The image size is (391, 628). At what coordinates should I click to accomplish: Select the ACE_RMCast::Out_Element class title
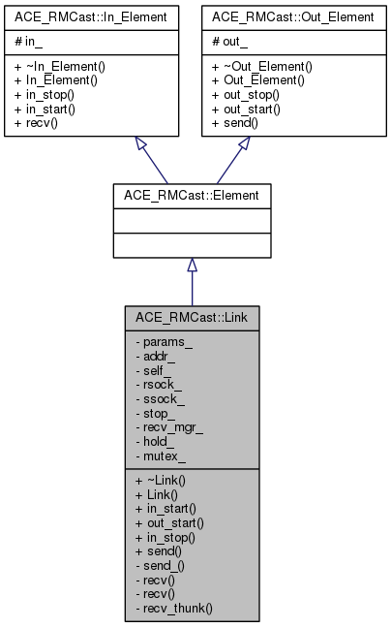coord(292,16)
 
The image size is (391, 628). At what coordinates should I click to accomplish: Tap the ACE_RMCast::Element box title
coord(192,195)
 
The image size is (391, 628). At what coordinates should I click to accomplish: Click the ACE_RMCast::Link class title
coord(192,317)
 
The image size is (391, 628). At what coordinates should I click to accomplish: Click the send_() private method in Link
coord(157,564)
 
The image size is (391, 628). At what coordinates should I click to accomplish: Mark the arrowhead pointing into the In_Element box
coord(140,144)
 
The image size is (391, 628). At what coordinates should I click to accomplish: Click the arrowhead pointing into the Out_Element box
coord(244,144)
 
